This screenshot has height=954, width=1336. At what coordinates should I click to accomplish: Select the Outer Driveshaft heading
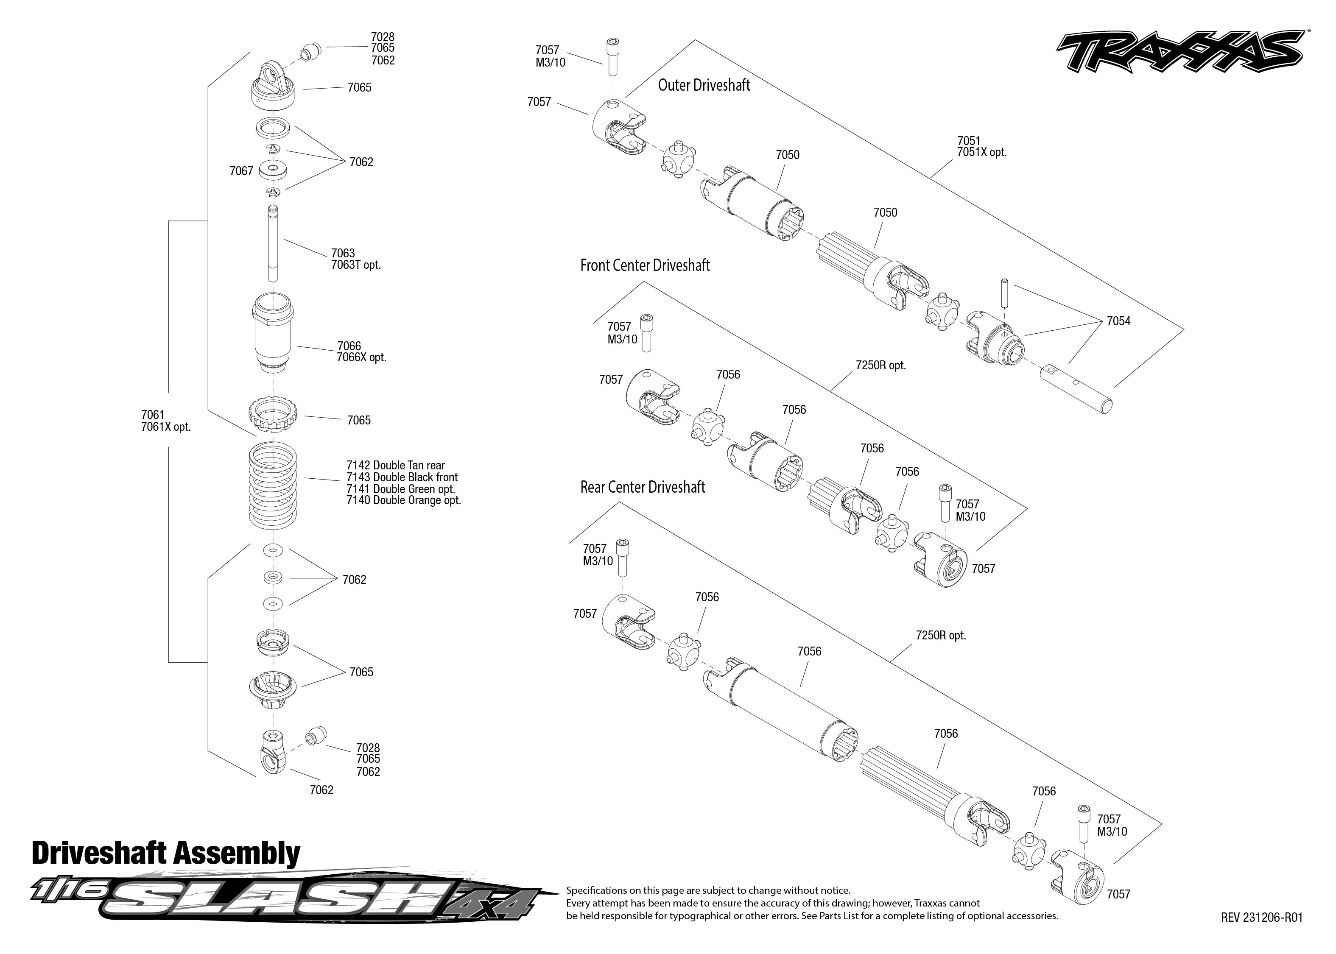(704, 85)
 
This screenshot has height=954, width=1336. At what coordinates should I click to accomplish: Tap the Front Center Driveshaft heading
(645, 265)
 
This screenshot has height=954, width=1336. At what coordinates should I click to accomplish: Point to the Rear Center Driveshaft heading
(642, 487)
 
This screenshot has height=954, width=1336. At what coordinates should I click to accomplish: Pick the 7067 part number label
(241, 171)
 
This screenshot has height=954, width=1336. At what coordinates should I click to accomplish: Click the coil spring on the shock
(273, 486)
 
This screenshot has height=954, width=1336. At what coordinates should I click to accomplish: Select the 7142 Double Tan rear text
(395, 465)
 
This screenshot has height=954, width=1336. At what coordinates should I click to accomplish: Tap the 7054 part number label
(1118, 321)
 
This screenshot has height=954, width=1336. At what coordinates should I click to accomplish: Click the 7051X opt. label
(982, 153)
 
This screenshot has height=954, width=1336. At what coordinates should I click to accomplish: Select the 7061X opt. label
(166, 427)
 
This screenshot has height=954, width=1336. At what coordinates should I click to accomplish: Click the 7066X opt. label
(361, 357)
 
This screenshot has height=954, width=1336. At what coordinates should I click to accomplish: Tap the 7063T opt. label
(355, 265)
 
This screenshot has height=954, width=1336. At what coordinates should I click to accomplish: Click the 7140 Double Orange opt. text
(404, 500)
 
